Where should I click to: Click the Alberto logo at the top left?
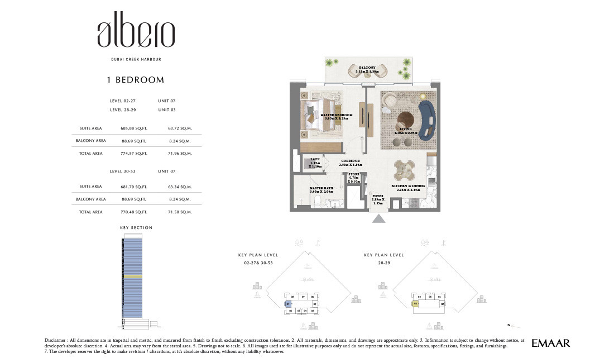[x=136, y=34]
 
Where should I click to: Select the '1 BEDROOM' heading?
[x=136, y=80]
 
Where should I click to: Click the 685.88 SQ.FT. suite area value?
[x=133, y=128]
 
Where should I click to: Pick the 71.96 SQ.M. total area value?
[x=180, y=153]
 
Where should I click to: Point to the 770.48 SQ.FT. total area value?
[x=133, y=212]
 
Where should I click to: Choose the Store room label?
[x=353, y=178]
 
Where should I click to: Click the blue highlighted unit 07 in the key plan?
[x=288, y=304]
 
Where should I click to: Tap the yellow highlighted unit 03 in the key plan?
[x=416, y=304]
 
